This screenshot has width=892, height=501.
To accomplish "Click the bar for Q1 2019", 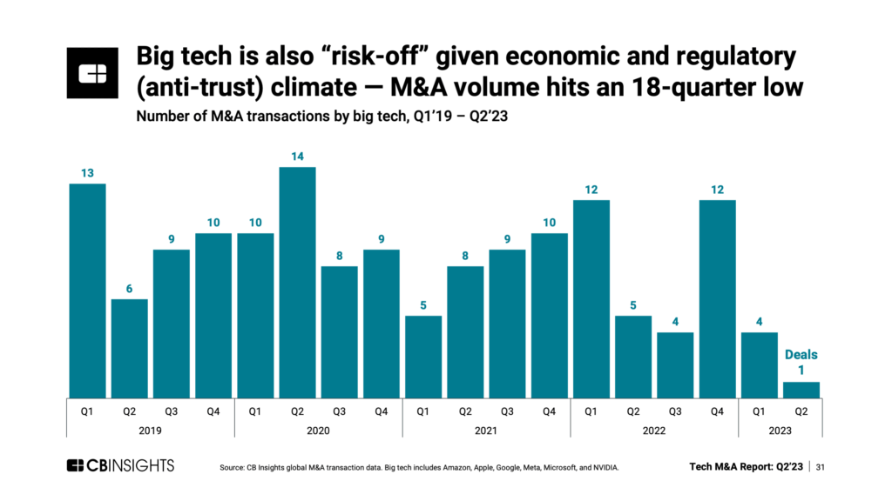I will [87, 291].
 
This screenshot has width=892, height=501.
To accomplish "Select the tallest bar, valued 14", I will [297, 282].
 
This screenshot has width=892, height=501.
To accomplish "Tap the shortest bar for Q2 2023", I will [801, 390].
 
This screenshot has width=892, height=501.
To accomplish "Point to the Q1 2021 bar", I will [423, 357].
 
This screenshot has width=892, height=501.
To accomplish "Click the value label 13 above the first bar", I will [87, 174].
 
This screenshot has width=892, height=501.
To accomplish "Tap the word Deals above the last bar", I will [801, 355].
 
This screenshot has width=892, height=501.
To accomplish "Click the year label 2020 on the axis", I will [318, 430].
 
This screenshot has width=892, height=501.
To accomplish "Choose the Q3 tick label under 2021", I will [507, 411].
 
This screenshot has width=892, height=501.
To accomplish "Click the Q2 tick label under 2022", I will [633, 411].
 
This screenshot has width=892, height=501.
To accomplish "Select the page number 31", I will [820, 467].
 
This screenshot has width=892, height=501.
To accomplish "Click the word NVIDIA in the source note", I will [601, 468].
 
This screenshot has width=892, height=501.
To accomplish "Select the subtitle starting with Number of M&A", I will [321, 119].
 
